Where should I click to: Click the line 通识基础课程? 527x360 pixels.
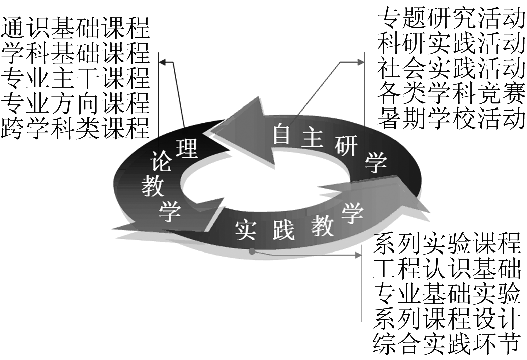pyautogui.click(x=75, y=28)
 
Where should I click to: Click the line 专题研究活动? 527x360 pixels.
pyautogui.click(x=451, y=18)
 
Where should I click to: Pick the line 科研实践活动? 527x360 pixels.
pyautogui.click(x=451, y=44)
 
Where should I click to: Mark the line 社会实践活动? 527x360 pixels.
pyautogui.click(x=451, y=68)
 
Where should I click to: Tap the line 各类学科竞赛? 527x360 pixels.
pyautogui.click(x=451, y=93)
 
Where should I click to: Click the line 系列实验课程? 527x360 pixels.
pyautogui.click(x=447, y=243)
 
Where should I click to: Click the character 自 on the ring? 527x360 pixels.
pyautogui.click(x=281, y=134)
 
